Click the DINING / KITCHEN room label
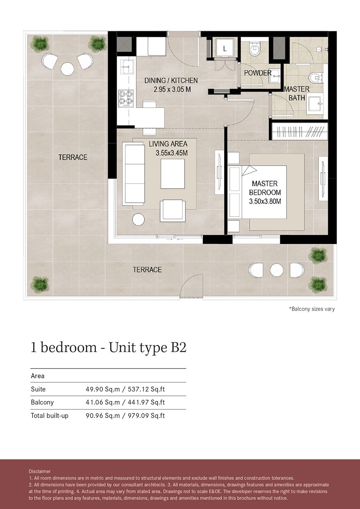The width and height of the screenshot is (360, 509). click(171, 81)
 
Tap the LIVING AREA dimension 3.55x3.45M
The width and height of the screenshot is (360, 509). click(171, 153)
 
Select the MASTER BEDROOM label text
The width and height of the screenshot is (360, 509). click(265, 188)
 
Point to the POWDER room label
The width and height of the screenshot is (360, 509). click(257, 73)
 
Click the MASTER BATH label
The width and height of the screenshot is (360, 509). click(297, 93)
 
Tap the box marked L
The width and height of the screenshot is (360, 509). click(224, 49)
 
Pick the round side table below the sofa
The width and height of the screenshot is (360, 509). click(139, 219)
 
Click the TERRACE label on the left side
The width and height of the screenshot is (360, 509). click(73, 157)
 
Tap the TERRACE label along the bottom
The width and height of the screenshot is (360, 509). click(147, 270)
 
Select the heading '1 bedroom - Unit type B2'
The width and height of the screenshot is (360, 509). click(108, 348)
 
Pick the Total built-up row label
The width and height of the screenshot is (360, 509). click(49, 416)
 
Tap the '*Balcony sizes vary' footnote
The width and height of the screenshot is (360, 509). click(312, 309)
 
